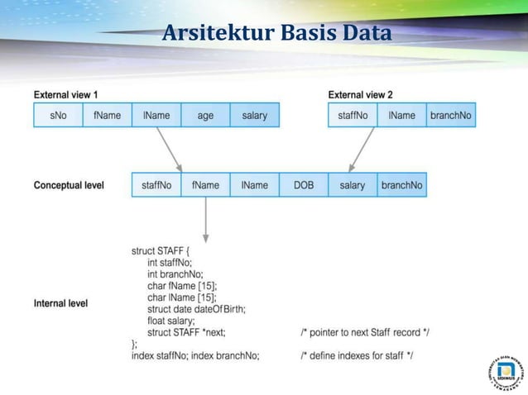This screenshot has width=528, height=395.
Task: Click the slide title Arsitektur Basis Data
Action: [x=276, y=35]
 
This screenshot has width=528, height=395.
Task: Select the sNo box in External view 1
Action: [x=58, y=115]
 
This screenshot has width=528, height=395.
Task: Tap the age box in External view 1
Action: [x=205, y=115]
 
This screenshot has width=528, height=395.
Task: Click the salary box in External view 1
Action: [x=254, y=115]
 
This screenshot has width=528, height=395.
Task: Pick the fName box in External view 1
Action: [x=107, y=115]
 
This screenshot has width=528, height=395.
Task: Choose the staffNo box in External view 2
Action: [x=353, y=115]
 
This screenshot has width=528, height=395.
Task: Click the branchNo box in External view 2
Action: [x=450, y=115]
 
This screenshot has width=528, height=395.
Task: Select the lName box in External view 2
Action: [x=401, y=115]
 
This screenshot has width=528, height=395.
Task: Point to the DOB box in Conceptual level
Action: [x=304, y=185]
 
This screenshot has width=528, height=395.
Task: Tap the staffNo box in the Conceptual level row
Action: [x=156, y=185]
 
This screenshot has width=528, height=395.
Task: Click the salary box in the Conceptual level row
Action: [x=353, y=185]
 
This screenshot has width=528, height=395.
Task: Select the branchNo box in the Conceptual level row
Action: [x=401, y=185]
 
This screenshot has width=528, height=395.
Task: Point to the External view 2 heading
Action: [x=361, y=94]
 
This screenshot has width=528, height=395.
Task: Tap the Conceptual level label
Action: [x=69, y=185]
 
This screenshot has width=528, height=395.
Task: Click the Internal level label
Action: [x=60, y=303]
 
